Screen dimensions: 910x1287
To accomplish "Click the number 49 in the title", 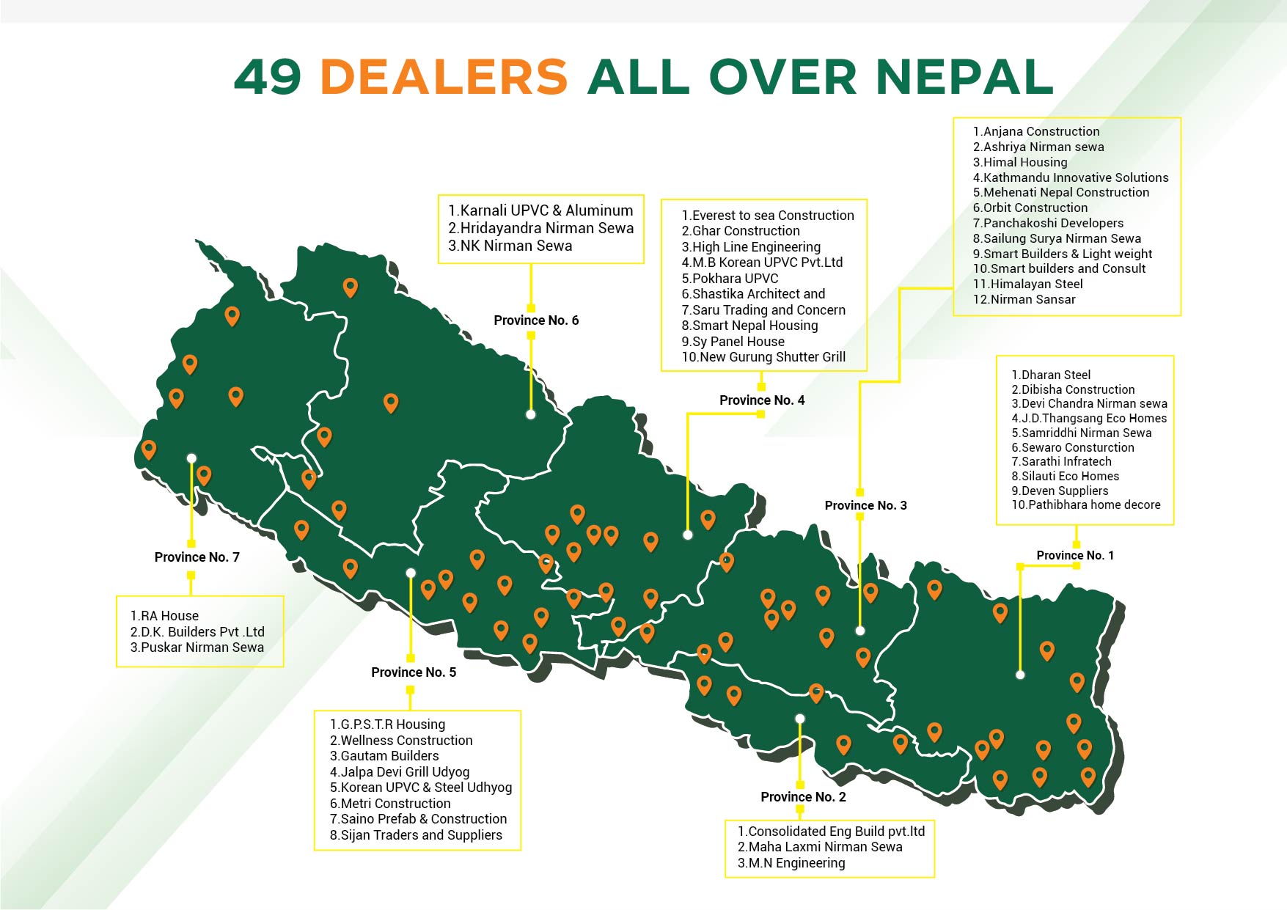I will click(x=268, y=77).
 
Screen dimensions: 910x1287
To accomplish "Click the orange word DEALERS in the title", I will click(x=444, y=77).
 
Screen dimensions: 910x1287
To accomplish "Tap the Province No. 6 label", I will click(x=536, y=320).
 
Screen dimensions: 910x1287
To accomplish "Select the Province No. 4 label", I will click(x=762, y=400).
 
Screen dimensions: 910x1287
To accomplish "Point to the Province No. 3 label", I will click(x=865, y=505).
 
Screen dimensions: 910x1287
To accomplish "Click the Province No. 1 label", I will click(x=1074, y=556).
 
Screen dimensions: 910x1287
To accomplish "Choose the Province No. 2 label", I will click(x=803, y=797).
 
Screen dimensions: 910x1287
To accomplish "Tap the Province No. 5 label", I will click(x=414, y=672).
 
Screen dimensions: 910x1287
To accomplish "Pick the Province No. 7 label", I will click(x=197, y=557).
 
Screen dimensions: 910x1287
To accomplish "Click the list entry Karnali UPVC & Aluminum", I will click(x=540, y=210).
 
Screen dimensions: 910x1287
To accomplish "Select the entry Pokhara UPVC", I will click(x=730, y=279).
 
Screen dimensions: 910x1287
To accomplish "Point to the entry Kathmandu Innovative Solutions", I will click(x=1070, y=177).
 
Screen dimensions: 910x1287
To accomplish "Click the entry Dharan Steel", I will click(x=1051, y=375).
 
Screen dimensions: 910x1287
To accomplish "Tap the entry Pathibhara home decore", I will click(x=1086, y=504).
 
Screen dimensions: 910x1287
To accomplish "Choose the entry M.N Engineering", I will click(x=791, y=863).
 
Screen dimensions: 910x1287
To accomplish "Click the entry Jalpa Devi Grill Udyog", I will click(x=400, y=772).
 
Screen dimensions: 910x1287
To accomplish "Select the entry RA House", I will click(x=164, y=616).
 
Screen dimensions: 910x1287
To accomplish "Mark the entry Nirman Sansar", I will click(x=1024, y=299).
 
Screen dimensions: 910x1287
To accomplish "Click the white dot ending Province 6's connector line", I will click(x=530, y=414).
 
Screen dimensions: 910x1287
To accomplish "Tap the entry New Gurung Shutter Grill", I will click(x=763, y=357).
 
